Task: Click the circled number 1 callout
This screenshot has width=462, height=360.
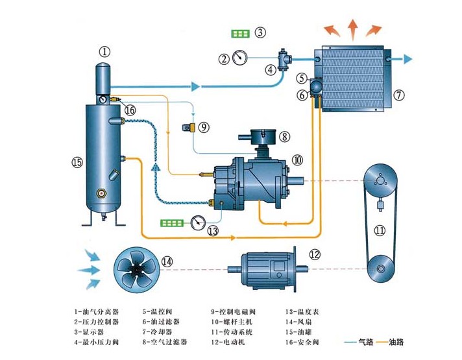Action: tap(105, 51)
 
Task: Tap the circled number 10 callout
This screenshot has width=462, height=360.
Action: tap(297, 159)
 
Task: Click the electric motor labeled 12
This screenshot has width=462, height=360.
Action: tap(266, 268)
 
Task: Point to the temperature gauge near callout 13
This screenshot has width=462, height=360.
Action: tap(196, 222)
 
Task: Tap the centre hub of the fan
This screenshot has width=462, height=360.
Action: tap(136, 267)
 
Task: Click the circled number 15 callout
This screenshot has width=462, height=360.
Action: tap(77, 163)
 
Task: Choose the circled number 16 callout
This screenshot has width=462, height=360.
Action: tap(130, 110)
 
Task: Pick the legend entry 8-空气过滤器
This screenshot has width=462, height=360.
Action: tap(166, 341)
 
